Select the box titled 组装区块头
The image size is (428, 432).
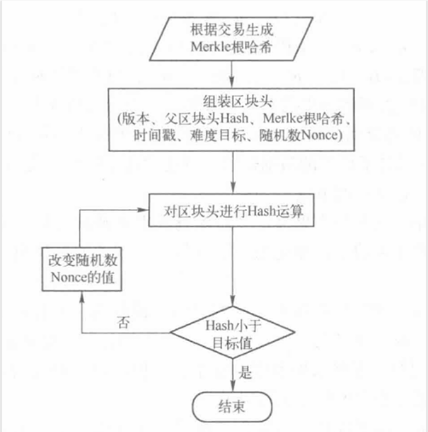231,119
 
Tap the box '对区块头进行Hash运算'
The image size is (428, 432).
231,211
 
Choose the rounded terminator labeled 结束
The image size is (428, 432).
232,406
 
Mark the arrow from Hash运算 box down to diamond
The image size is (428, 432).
232,267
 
